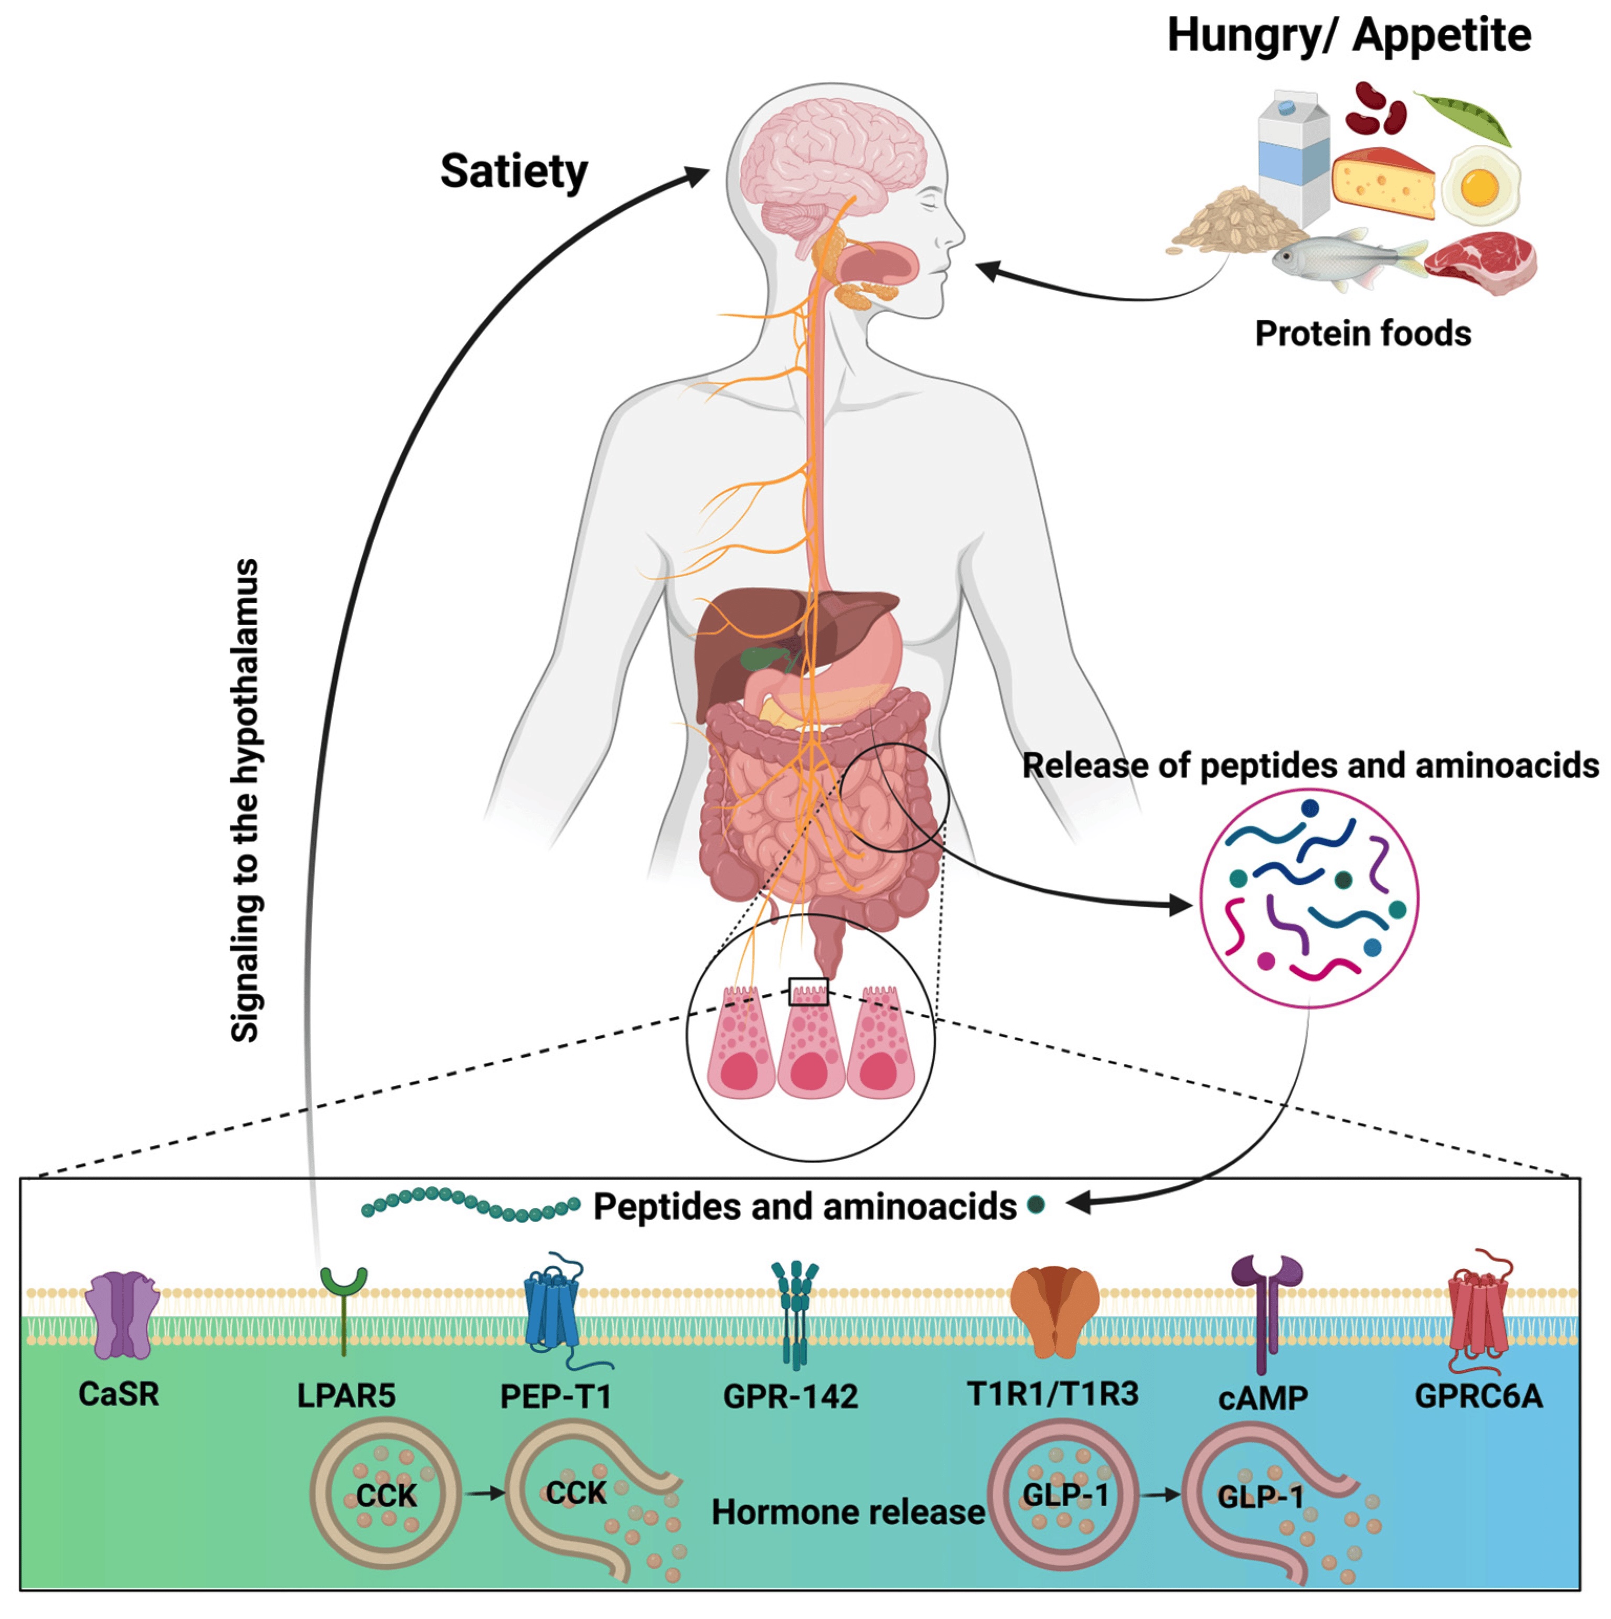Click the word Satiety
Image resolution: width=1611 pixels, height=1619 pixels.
[513, 173]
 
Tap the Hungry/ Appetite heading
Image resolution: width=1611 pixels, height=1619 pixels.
[1349, 36]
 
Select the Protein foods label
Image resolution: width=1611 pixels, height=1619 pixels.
[1362, 334]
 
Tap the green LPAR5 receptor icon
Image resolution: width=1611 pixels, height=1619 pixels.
[344, 1303]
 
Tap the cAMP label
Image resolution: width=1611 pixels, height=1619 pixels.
[1262, 1397]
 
